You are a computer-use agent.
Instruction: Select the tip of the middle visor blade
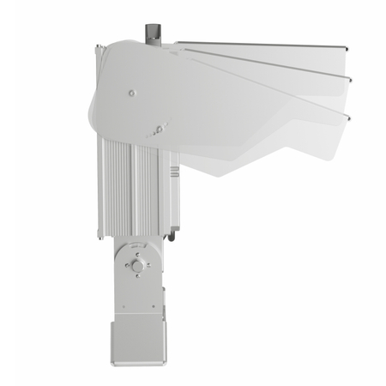coord(350,80)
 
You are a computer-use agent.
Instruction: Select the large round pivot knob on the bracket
coord(137,266)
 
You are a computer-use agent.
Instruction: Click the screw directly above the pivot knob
coord(136,253)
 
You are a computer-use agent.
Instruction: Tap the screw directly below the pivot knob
coord(137,280)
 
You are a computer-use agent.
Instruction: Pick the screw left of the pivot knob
coord(124,266)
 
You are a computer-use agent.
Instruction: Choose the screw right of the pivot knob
coord(150,266)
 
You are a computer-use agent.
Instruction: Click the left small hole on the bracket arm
coord(124,305)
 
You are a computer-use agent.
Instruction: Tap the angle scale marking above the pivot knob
coord(136,246)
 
